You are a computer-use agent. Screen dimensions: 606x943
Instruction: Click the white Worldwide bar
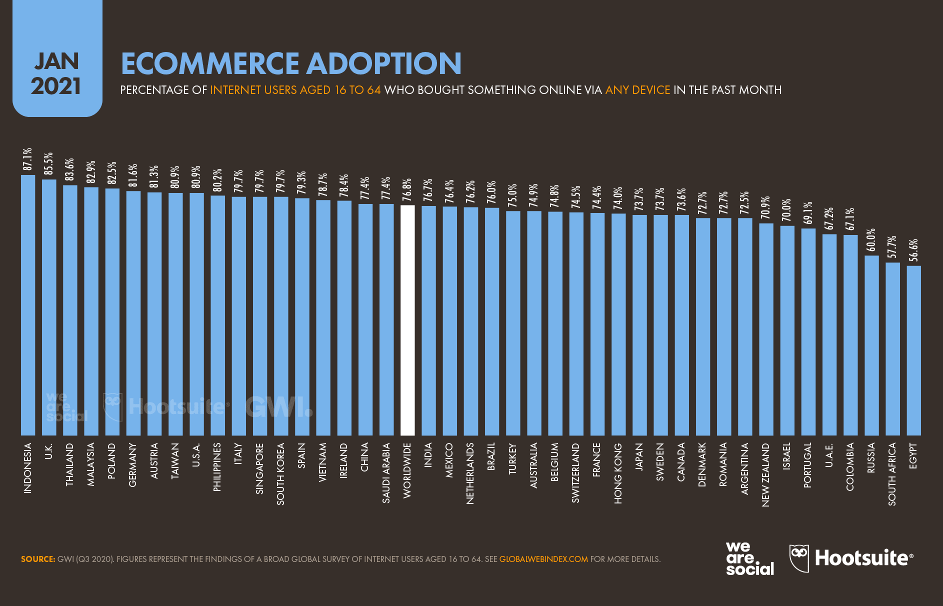coord(407,320)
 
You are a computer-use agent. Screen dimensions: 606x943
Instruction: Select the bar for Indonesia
coord(28,305)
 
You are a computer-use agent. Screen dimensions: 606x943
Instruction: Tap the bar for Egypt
coord(913,350)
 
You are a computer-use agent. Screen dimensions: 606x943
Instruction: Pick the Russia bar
coord(871,345)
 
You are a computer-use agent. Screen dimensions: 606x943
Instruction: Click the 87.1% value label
coord(27,159)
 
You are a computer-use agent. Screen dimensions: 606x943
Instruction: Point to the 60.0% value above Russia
coord(871,240)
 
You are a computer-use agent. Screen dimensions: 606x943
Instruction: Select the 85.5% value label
coord(48,164)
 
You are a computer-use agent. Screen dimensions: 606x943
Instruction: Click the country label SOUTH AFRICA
coord(892,474)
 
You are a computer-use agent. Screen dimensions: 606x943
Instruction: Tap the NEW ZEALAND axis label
coord(765,475)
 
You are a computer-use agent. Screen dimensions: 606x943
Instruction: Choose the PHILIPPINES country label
coord(217,467)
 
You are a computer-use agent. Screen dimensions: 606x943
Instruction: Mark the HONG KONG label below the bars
coord(618,473)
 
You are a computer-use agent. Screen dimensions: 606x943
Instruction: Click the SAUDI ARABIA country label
coord(386,473)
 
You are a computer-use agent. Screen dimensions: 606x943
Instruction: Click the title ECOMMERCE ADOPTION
coord(291,63)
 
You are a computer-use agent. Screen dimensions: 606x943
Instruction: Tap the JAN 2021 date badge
coord(57,73)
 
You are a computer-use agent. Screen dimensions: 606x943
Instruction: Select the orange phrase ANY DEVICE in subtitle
coord(637,90)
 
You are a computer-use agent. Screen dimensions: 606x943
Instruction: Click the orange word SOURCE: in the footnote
coord(38,559)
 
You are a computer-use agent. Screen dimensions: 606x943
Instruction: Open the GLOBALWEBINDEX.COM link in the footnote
coord(543,559)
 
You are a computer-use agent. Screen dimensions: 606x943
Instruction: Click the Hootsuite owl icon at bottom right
coord(798,557)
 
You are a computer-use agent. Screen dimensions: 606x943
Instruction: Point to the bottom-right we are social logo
coord(749,558)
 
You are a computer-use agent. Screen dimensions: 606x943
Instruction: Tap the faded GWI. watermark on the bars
coord(278,407)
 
